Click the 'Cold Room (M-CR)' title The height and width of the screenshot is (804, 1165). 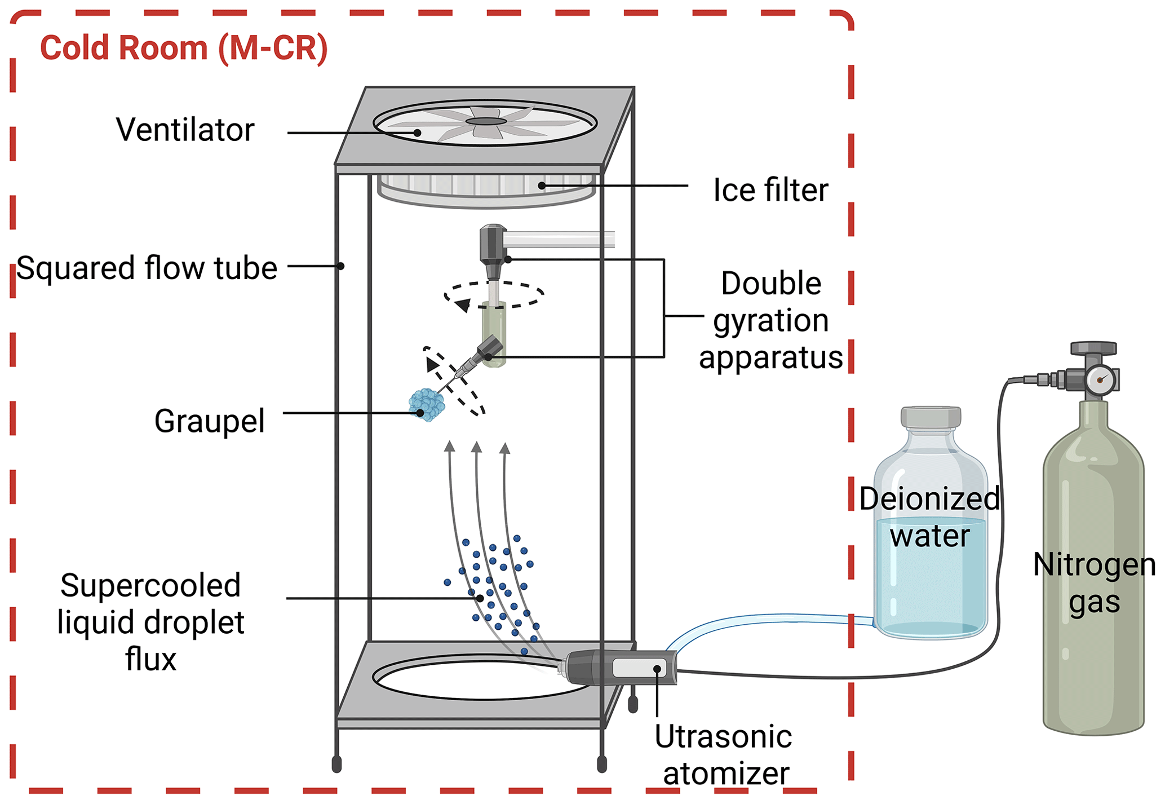coord(184,48)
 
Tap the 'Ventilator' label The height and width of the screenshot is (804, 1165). coord(185,130)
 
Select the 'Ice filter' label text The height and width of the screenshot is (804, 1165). coord(770,190)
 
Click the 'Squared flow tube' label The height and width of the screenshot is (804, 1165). coord(147,268)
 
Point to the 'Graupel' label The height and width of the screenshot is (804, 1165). coord(209,421)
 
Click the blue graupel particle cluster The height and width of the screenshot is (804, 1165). coord(427,404)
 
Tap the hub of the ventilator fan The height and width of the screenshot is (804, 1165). coord(486,121)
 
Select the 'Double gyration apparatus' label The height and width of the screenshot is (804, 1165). coord(770,320)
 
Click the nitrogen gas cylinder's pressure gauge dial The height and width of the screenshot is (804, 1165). coord(1100,380)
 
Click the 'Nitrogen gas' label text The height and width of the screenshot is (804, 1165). coord(1094,583)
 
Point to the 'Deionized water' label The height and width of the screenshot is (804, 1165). coord(930,517)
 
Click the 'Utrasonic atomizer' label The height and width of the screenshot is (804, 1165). coord(724,754)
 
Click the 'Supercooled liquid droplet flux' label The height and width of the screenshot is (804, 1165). coord(150,622)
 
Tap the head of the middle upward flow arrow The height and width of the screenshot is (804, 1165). coord(477,448)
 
